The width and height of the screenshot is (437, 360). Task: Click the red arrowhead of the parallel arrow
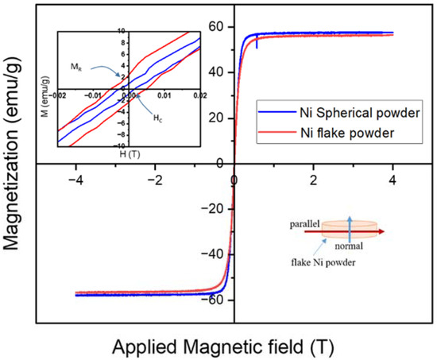coord(381,232)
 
